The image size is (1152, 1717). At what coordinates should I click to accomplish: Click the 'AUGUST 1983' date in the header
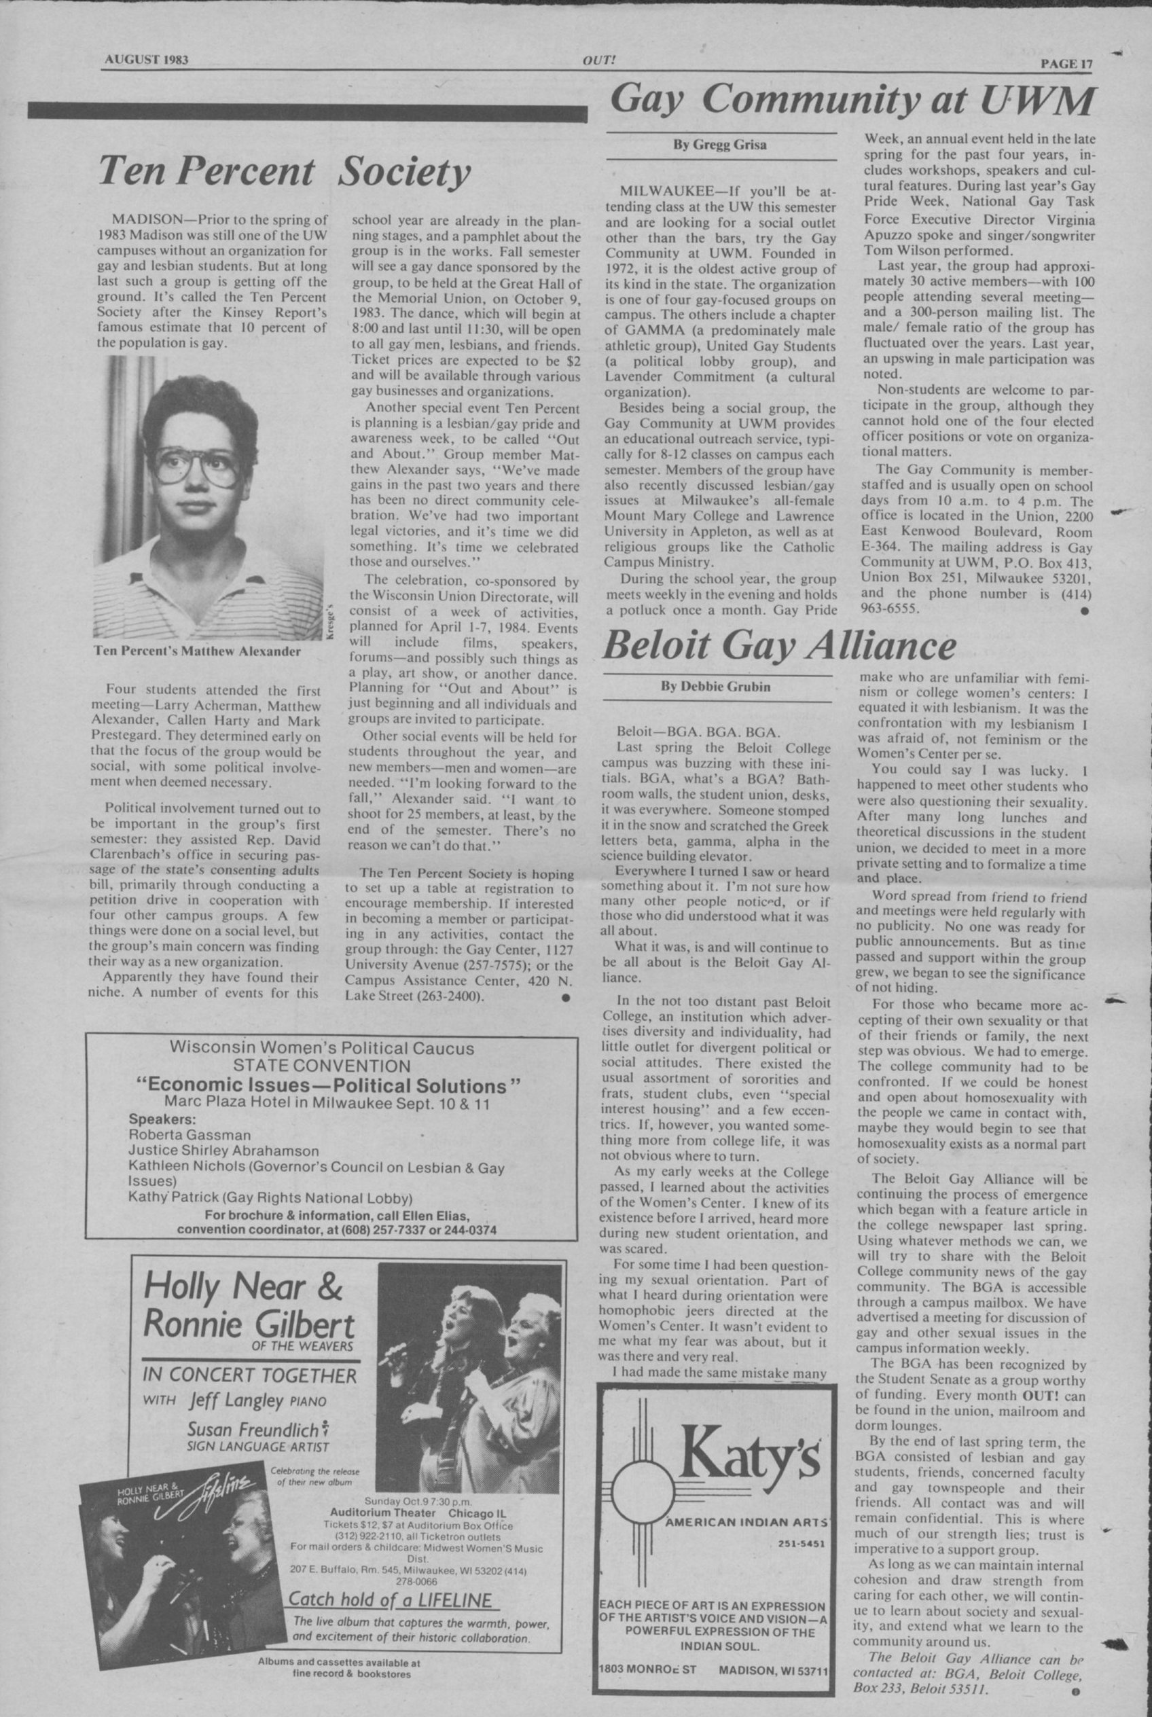point(145,60)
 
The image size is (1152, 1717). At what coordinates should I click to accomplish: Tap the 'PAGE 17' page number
point(1066,63)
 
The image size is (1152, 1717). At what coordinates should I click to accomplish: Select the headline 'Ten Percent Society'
point(285,173)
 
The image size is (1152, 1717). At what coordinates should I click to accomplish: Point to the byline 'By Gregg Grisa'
point(719,145)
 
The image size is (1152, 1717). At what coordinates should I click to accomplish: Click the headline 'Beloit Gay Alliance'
point(779,647)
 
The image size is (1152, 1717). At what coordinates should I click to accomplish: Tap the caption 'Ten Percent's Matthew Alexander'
point(198,650)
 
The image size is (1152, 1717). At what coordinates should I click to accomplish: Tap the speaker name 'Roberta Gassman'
point(190,1134)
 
